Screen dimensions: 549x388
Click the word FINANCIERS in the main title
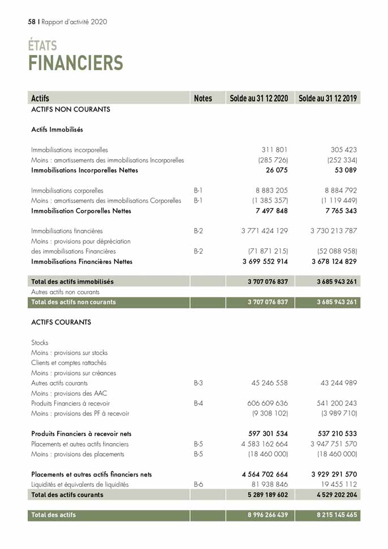(x=76, y=63)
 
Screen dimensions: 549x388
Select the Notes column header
(x=202, y=98)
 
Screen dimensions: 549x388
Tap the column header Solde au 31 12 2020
(x=259, y=98)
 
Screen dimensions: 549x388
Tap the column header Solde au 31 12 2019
(x=327, y=98)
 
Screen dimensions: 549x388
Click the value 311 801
(x=275, y=150)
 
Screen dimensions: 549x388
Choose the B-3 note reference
(x=198, y=383)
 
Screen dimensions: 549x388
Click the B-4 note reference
(x=198, y=404)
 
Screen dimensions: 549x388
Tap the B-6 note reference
(x=198, y=484)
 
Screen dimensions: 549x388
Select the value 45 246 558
(x=270, y=383)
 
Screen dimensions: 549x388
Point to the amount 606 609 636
(x=268, y=404)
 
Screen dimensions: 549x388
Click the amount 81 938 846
(x=270, y=484)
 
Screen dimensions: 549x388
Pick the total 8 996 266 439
(x=260, y=515)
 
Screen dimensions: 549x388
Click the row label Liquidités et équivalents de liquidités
(x=80, y=484)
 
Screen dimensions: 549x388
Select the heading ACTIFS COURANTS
(x=61, y=322)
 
